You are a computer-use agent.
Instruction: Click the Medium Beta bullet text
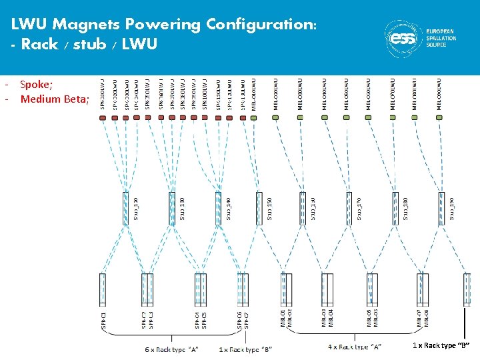(x=54, y=99)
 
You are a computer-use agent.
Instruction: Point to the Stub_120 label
(x=136, y=207)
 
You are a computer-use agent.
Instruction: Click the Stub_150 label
(x=269, y=207)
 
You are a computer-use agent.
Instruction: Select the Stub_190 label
(x=451, y=207)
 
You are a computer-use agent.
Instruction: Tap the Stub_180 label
(x=404, y=207)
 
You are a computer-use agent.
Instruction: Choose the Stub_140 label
(x=228, y=207)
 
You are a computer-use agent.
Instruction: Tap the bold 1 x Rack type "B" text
(x=441, y=345)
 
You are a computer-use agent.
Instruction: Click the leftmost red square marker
(x=103, y=117)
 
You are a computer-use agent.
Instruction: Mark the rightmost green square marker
(x=440, y=117)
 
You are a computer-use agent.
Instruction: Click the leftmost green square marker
(x=254, y=117)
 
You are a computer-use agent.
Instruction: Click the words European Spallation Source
(x=441, y=38)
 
